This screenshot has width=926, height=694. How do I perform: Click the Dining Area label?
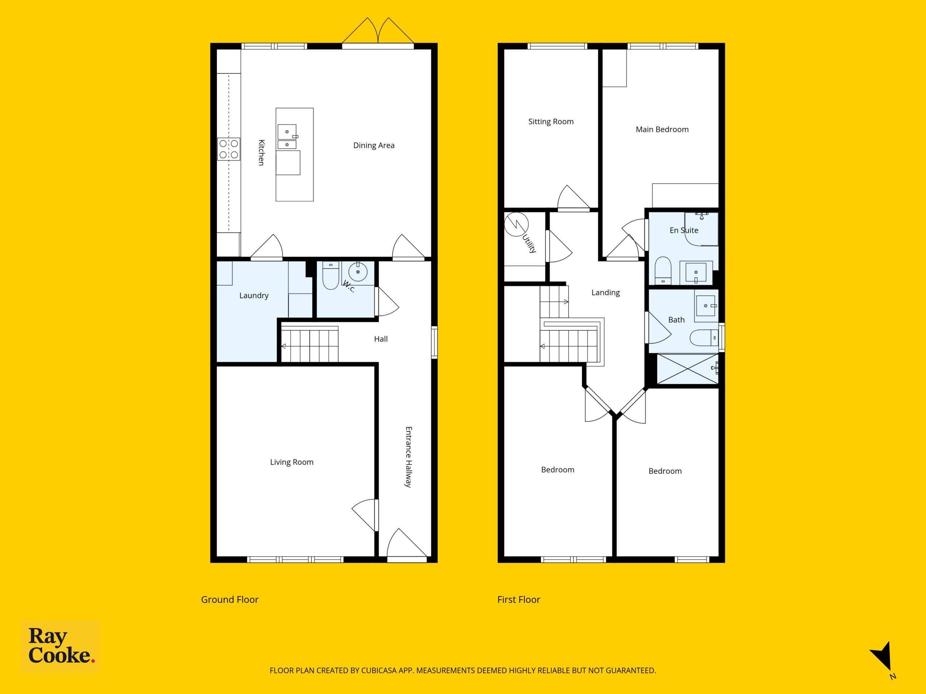click(x=374, y=146)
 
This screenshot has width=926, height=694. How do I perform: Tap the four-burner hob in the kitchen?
click(x=229, y=149)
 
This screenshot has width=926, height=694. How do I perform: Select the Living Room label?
click(x=292, y=462)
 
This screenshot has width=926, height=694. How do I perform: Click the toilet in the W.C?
click(x=331, y=276)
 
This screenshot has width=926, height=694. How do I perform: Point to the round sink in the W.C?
click(x=358, y=272)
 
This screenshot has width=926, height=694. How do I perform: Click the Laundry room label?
click(x=254, y=296)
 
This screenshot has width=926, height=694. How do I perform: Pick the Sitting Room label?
click(x=551, y=122)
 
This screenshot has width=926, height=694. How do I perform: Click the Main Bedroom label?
click(x=662, y=130)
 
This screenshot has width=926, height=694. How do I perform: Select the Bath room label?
click(x=676, y=320)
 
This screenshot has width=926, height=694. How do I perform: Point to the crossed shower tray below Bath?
click(x=687, y=369)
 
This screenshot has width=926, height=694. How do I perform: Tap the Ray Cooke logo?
click(x=60, y=646)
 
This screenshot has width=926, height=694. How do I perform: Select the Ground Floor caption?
click(x=230, y=599)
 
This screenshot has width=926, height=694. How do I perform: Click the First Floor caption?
click(x=519, y=599)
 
